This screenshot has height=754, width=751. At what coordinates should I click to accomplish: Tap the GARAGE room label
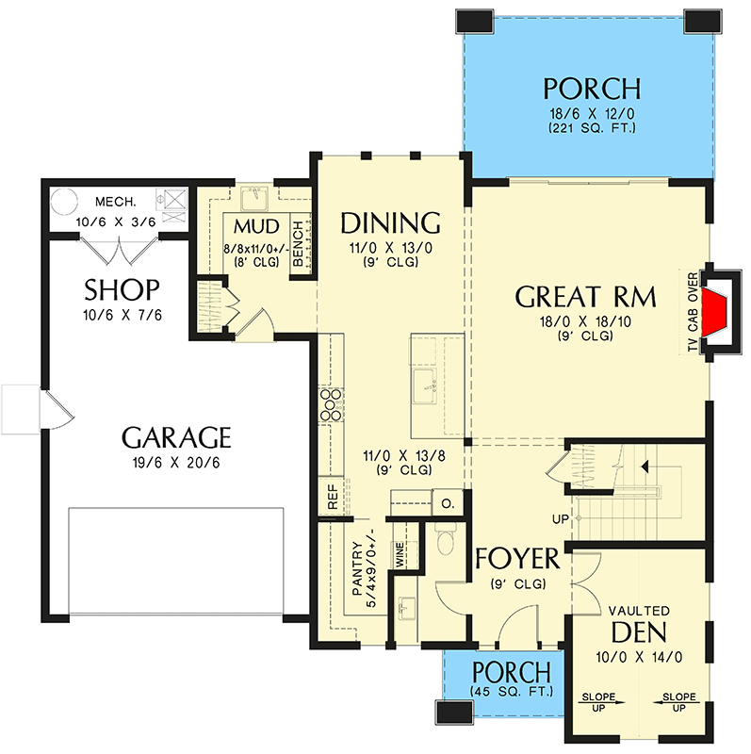point(176,437)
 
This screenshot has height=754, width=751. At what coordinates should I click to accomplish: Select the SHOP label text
point(122,289)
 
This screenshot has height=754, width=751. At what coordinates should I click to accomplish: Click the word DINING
point(390,223)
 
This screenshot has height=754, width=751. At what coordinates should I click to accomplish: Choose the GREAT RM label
point(584,297)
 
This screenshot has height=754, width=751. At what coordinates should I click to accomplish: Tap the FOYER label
point(517,558)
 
